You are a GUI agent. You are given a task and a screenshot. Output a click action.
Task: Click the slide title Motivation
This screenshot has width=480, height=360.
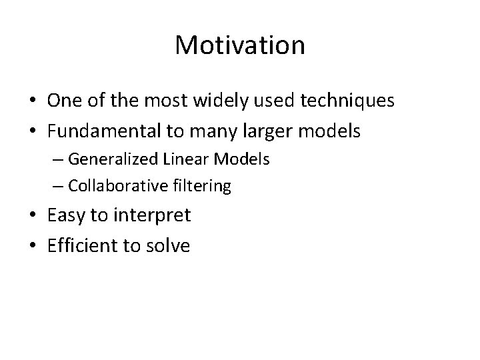tap(240, 45)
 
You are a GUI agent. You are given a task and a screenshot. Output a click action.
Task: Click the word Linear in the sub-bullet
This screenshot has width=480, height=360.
tap(179, 159)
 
